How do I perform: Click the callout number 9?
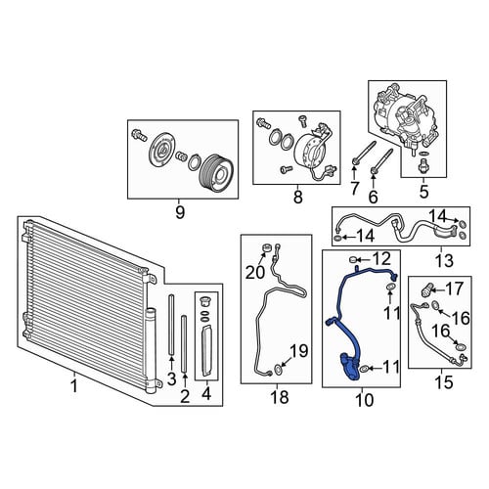(180, 212)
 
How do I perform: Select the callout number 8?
(298, 197)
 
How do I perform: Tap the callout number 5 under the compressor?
(423, 192)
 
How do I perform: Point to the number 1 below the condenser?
(74, 386)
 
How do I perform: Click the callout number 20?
(255, 273)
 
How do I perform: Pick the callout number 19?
(299, 351)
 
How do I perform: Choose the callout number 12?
(382, 259)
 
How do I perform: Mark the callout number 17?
(455, 289)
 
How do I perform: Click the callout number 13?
(445, 261)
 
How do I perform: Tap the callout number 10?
(365, 400)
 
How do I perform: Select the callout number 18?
(280, 397)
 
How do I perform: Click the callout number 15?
(444, 382)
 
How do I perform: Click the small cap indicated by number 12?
(352, 260)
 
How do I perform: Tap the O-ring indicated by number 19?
(278, 370)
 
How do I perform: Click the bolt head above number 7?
(355, 160)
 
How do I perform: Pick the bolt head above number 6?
(374, 170)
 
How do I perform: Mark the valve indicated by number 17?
(427, 289)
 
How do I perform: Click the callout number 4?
(206, 394)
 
